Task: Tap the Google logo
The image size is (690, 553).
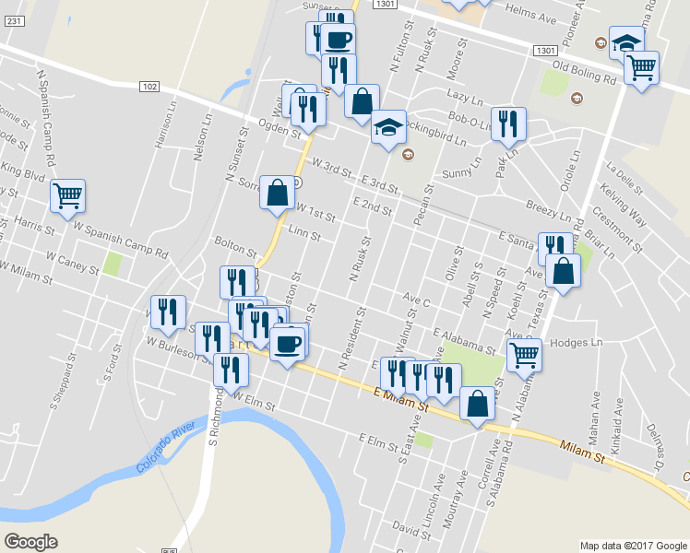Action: [x=30, y=541]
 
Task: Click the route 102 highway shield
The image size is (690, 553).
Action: [x=151, y=86]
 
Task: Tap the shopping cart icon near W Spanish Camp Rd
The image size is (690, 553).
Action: [x=68, y=195]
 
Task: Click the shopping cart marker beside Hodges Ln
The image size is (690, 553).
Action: [x=524, y=353]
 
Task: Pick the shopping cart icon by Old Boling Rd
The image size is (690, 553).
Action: [x=641, y=66]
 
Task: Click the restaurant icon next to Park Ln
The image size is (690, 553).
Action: [x=508, y=124]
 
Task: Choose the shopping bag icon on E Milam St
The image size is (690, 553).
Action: [x=476, y=405]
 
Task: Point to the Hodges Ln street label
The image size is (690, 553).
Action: [x=576, y=342]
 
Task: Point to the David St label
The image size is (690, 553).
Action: [x=405, y=526]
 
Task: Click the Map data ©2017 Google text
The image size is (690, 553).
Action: [x=632, y=545]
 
